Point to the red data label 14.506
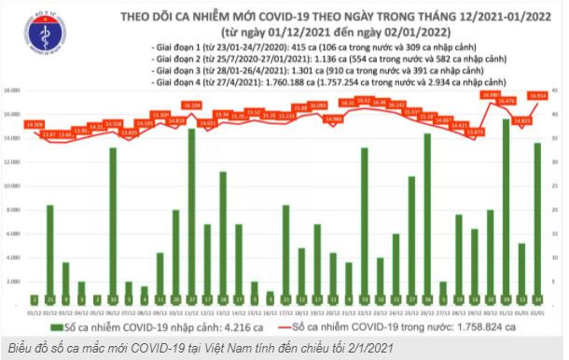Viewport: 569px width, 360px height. [36, 124]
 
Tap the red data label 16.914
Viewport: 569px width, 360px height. [538, 95]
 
